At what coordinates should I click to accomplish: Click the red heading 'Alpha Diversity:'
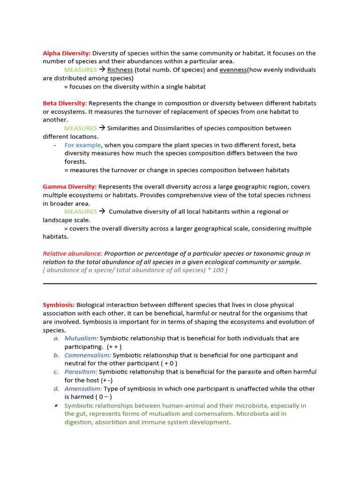pyautogui.click(x=67, y=53)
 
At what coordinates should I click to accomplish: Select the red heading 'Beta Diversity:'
pyautogui.click(x=65, y=103)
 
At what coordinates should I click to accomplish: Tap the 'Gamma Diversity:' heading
pyautogui.click(x=69, y=187)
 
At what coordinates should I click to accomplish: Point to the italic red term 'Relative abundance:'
pyautogui.click(x=73, y=254)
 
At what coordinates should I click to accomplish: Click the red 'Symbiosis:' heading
pyautogui.click(x=59, y=305)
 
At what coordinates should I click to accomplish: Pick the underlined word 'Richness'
pyautogui.click(x=120, y=70)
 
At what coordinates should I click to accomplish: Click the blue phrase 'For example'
pyautogui.click(x=82, y=145)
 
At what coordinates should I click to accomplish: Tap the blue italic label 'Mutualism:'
pyautogui.click(x=81, y=338)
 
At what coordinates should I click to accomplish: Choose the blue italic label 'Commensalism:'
pyautogui.click(x=88, y=355)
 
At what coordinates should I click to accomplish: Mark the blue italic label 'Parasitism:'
pyautogui.click(x=81, y=372)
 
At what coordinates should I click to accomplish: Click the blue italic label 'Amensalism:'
pyautogui.click(x=83, y=389)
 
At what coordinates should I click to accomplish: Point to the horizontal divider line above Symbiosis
pyautogui.click(x=180, y=283)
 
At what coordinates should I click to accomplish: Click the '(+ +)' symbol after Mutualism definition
pyautogui.click(x=114, y=347)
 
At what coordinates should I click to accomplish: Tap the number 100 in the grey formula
pyautogui.click(x=218, y=270)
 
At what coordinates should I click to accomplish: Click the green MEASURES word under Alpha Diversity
pyautogui.click(x=80, y=70)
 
